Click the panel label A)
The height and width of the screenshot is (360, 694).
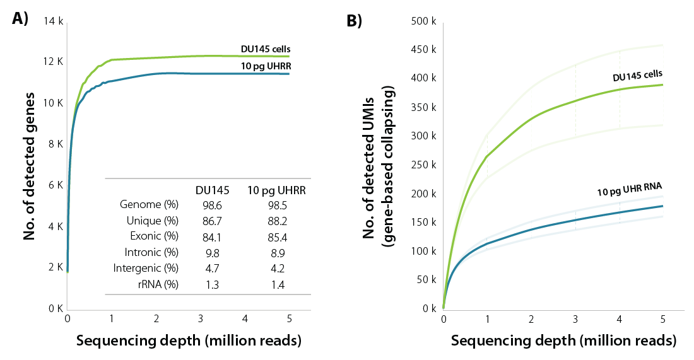click(20, 19)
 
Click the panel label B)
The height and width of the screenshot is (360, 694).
click(355, 21)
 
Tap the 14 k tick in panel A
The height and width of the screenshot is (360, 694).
click(54, 21)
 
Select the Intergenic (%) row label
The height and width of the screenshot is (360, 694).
click(149, 269)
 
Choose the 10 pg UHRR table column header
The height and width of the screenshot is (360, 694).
click(277, 189)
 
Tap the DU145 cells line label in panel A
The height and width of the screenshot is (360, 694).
click(265, 49)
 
